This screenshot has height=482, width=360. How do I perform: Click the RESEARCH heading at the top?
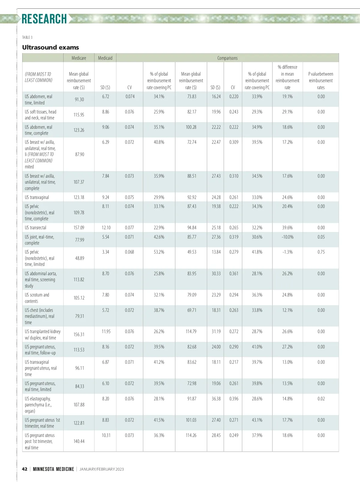[44, 19]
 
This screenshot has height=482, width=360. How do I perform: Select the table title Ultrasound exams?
[50, 47]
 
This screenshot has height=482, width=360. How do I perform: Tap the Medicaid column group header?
[105, 58]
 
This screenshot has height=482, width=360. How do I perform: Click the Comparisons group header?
[227, 58]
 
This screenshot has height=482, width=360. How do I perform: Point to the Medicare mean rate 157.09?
[79, 227]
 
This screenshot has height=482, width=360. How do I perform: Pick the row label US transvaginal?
[37, 197]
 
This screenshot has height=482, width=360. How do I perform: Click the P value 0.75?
[321, 252]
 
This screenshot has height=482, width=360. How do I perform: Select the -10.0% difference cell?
[287, 237]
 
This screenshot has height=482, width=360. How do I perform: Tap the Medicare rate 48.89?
[79, 258]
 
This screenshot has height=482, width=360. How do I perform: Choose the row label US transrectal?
[36, 227]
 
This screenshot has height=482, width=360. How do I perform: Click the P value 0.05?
[321, 237]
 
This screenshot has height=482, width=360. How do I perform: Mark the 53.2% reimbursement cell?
[159, 252]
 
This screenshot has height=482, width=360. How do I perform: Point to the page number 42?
[25, 469]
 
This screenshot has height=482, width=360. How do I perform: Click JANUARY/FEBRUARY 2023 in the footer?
[101, 469]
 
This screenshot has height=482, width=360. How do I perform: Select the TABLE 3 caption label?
[27, 37]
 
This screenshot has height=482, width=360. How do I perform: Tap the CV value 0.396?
[234, 399]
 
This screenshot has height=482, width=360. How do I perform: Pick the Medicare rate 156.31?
[79, 334]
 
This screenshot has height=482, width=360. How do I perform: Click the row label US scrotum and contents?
[37, 298]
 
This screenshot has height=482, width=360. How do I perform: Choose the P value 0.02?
[321, 399]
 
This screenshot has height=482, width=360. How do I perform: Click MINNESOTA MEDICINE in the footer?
[53, 469]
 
